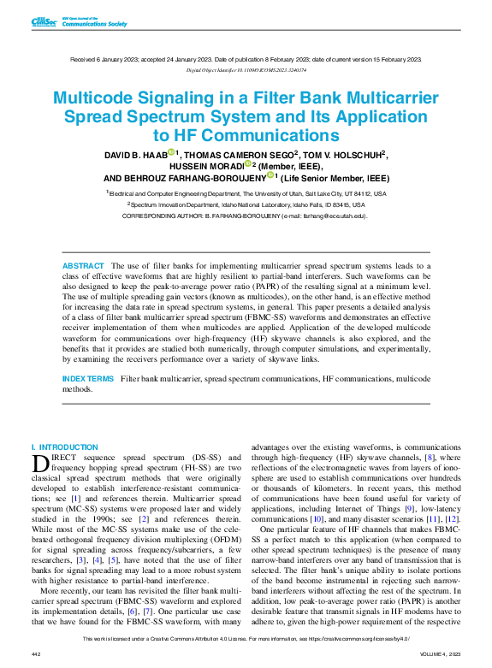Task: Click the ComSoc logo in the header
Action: (x=44, y=21)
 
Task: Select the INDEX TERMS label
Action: (x=87, y=378)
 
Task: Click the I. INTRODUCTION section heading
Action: (x=64, y=447)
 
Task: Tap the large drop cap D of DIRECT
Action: (x=40, y=464)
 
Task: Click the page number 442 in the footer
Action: (x=36, y=653)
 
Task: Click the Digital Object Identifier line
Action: (x=246, y=70)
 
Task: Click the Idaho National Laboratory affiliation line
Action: (x=246, y=205)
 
